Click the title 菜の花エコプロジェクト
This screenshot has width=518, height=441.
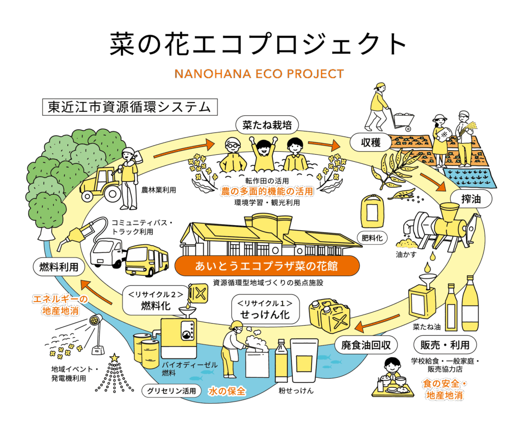(x=258, y=44)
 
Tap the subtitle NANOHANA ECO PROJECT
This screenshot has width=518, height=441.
(x=258, y=74)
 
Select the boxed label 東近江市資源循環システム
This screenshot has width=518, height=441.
(x=129, y=107)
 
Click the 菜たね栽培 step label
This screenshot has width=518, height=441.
(x=267, y=125)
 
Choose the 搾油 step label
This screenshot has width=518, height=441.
(x=470, y=199)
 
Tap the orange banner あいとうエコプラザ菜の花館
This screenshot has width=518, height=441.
(x=267, y=266)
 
